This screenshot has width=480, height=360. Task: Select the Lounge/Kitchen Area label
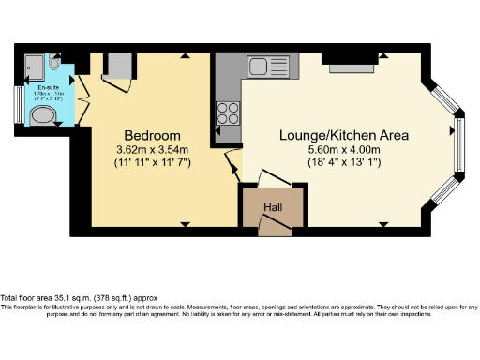coord(344,135)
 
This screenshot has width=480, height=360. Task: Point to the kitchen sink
coord(269,67)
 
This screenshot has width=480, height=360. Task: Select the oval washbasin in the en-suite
coord(43,115)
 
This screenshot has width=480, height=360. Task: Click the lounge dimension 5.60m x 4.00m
coord(344,149)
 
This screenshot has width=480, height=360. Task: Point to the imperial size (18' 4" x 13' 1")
coord(344,163)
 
